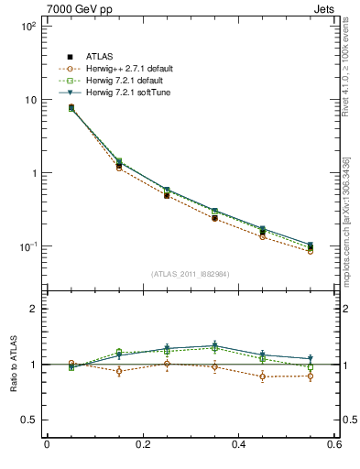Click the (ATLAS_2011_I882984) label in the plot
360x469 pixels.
point(191,272)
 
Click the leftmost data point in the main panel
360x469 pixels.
point(71,108)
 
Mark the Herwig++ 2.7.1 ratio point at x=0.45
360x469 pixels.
point(263,376)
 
